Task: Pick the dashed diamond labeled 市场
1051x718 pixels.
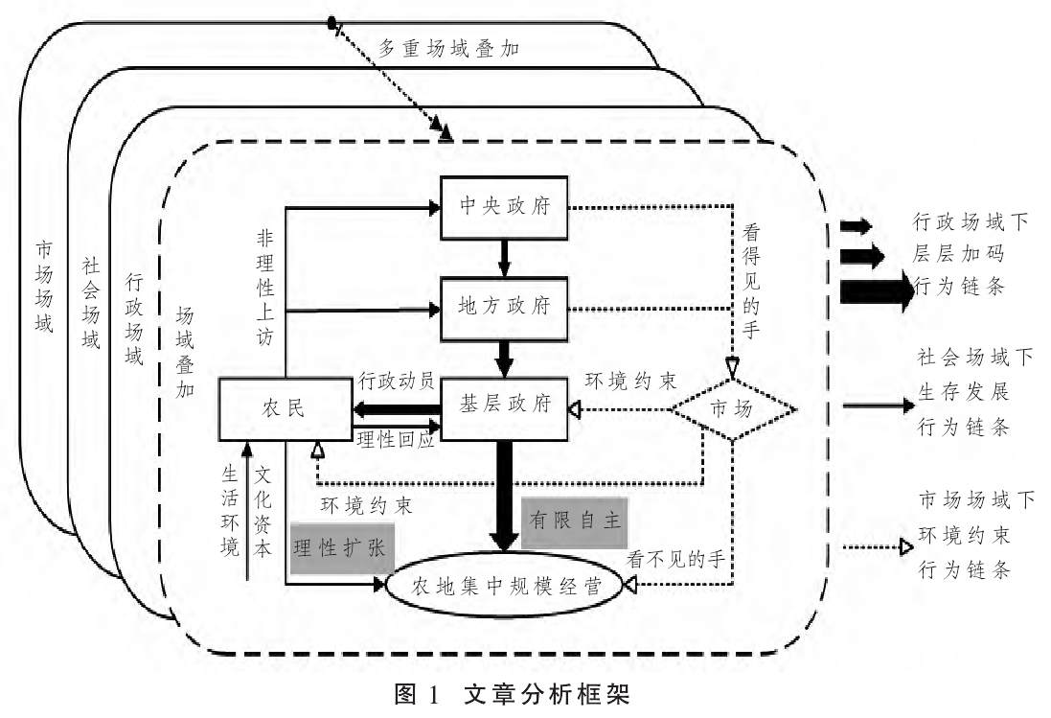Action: point(732,407)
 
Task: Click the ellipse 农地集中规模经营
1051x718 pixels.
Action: point(504,587)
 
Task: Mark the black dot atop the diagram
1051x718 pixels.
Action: point(331,22)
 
